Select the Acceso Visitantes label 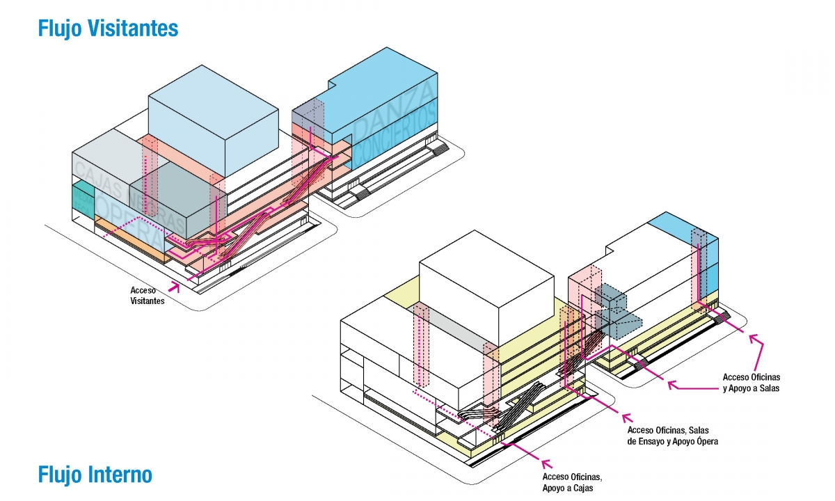147,295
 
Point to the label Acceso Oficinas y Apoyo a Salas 751,383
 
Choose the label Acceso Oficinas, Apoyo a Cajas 571,482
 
